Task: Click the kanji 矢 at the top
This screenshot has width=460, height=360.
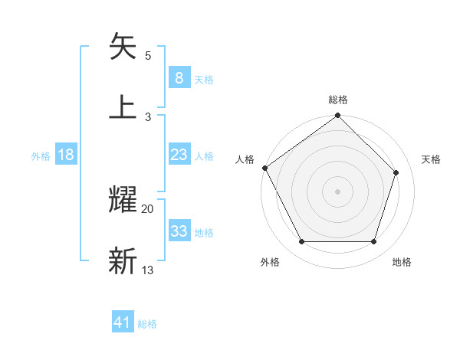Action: [123, 47]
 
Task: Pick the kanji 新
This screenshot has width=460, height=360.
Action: [123, 260]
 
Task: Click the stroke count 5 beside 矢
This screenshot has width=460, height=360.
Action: [148, 56]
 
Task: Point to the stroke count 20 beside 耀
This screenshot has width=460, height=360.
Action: [148, 208]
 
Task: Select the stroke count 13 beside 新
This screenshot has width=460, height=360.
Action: [148, 270]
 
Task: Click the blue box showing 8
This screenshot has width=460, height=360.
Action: [179, 77]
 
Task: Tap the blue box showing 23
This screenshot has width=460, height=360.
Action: [179, 155]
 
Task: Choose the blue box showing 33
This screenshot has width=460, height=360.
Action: [179, 231]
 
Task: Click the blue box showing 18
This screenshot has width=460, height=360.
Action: [66, 155]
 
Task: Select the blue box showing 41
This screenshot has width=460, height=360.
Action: [123, 322]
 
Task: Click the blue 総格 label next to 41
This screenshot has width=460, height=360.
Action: [147, 324]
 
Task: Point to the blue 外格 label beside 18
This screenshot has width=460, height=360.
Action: [41, 156]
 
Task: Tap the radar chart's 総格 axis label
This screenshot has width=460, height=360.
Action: [338, 100]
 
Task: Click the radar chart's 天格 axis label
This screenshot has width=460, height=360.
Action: [431, 160]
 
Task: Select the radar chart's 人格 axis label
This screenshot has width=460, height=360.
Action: [245, 160]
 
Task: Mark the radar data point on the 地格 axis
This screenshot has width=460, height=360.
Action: [374, 242]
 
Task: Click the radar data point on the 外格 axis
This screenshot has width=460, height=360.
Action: [301, 242]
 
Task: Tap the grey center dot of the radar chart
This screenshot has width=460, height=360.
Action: [337, 191]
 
